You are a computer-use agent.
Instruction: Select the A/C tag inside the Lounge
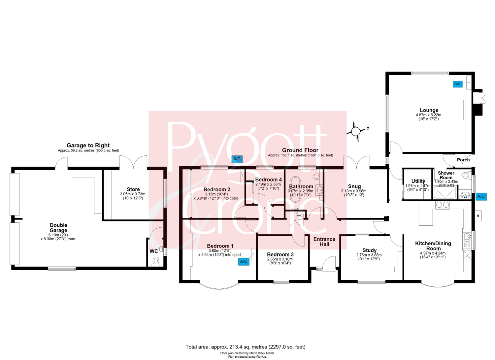(457, 84)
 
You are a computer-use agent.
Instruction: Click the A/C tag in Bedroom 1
(244, 262)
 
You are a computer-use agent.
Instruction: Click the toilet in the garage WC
(156, 261)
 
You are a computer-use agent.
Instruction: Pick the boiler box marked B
(478, 216)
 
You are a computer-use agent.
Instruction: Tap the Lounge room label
(429, 110)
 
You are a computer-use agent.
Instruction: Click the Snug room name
(354, 186)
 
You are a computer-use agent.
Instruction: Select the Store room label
(133, 189)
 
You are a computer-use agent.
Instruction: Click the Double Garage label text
(58, 228)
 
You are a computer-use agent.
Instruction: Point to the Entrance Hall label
(324, 242)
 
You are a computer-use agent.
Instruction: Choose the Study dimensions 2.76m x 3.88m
(369, 255)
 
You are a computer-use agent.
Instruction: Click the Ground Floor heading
(300, 150)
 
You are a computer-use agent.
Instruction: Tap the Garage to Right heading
(88, 145)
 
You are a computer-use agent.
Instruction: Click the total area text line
(245, 347)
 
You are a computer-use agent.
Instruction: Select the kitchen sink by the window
(467, 240)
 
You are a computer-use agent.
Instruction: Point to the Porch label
(463, 160)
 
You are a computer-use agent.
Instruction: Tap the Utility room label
(418, 181)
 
